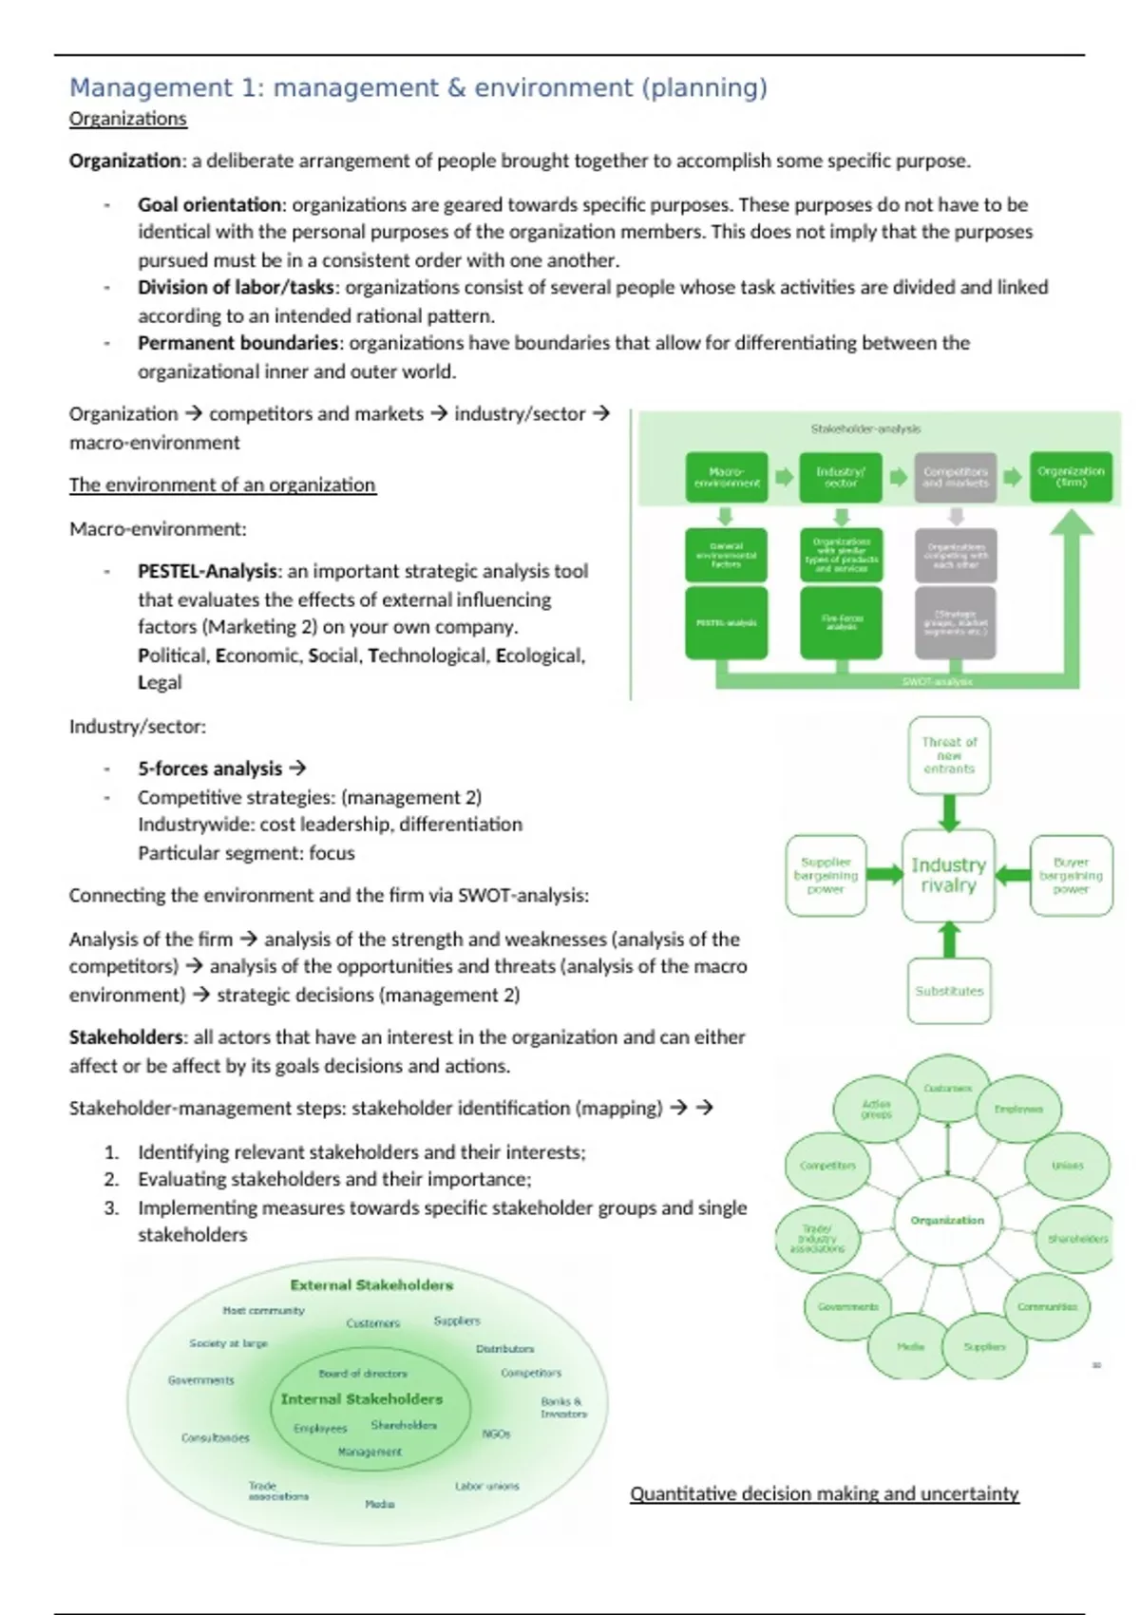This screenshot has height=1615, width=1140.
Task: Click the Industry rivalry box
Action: point(948,875)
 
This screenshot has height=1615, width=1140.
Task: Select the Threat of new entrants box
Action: point(948,755)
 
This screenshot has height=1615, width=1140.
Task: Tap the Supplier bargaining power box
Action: point(826,875)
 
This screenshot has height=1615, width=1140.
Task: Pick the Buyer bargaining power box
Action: point(1071,875)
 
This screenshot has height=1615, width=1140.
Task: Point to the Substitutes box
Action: point(948,991)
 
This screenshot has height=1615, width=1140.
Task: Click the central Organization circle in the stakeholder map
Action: point(947,1220)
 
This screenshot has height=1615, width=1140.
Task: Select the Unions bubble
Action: point(1067,1166)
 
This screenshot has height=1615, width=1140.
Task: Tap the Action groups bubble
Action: point(876,1109)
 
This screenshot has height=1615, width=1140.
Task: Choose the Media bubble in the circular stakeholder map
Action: point(910,1346)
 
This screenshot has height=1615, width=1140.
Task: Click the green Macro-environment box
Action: point(727,477)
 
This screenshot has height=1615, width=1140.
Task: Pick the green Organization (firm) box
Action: point(1071,477)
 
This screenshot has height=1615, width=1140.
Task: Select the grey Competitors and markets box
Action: point(955,477)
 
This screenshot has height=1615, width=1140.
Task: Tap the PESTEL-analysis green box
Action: point(727,623)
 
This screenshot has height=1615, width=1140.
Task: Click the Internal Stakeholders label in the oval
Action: point(362,1399)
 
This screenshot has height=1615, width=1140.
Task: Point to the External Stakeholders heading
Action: point(371,1285)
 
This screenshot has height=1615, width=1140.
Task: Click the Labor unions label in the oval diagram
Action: point(486,1486)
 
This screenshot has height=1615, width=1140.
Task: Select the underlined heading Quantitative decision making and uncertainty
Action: point(824,1493)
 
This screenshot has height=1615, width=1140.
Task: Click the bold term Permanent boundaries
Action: point(237,343)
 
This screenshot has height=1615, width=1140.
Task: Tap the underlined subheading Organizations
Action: point(127,119)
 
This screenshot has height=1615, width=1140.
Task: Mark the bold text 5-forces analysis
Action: point(210,769)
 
